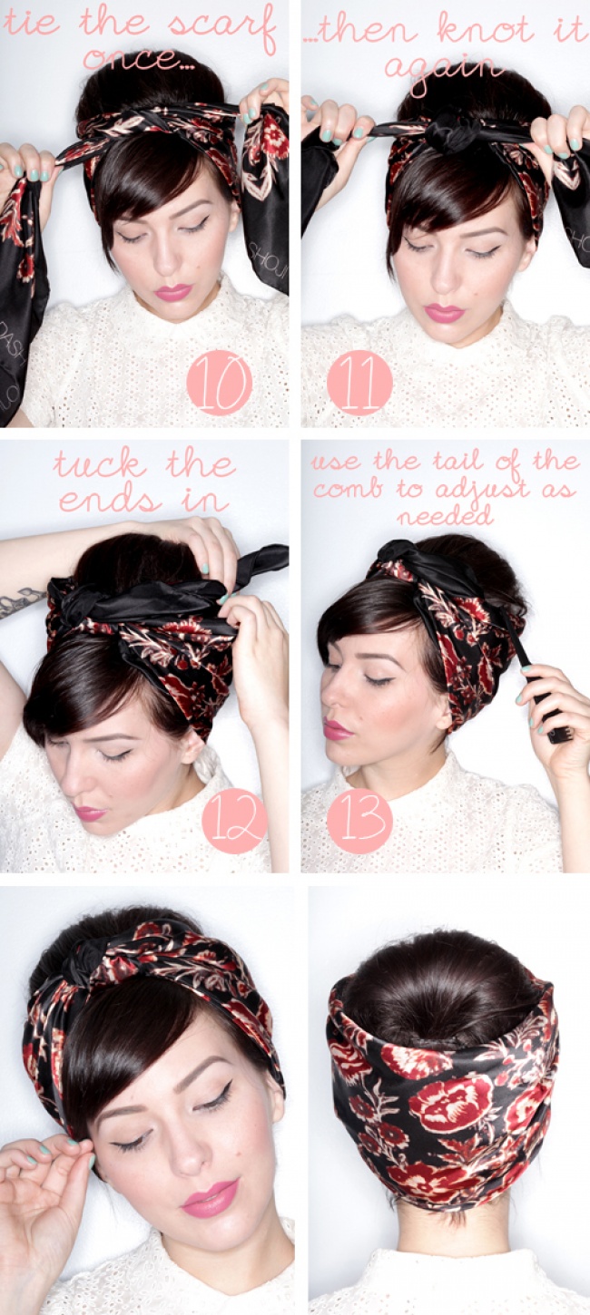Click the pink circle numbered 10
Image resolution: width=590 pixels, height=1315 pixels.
point(219,384)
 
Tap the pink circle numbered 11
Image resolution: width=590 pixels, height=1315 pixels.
point(359,384)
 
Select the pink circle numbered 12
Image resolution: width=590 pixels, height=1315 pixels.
point(234,822)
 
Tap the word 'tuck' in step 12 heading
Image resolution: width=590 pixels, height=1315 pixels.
point(99,464)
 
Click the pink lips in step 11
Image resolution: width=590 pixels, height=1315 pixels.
point(444,313)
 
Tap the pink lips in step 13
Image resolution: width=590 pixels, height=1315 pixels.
point(336,730)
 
